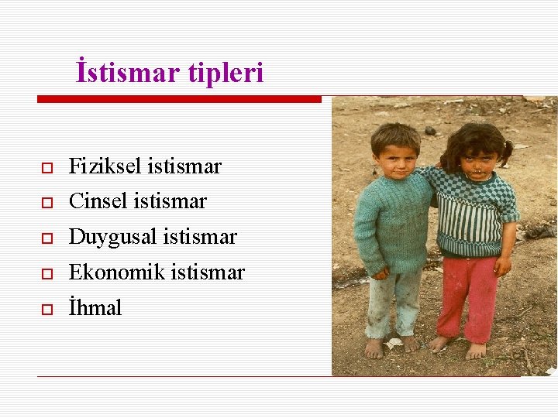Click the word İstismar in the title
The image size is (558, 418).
129,73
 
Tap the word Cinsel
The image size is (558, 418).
98,201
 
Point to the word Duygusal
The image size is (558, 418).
112,237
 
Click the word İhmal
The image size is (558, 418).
95,307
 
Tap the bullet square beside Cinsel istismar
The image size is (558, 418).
46,203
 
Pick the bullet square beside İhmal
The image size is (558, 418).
46,309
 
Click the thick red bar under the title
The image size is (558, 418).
179,99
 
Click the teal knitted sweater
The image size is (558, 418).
394,224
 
